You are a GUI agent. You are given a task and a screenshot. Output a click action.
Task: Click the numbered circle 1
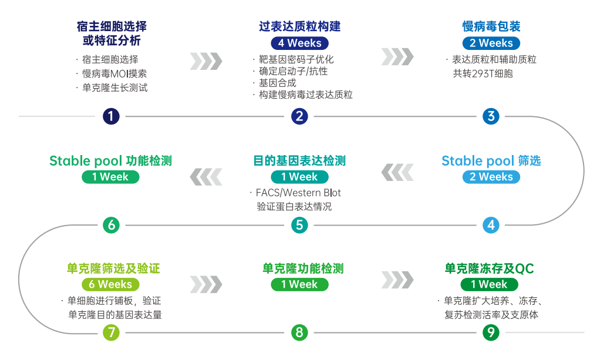point(111,116)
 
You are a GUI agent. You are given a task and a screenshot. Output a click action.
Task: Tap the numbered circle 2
point(299,116)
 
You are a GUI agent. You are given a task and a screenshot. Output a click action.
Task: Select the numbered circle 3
point(491,116)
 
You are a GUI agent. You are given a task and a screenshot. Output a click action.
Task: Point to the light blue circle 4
point(491,225)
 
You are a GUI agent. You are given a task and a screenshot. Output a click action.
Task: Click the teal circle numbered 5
point(299,225)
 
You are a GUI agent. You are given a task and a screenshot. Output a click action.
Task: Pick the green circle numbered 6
point(111,225)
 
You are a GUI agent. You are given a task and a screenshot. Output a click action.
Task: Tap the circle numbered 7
point(111,332)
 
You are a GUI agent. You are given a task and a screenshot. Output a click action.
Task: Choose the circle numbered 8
point(299,332)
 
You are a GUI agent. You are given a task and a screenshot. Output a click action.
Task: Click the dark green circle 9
point(491,332)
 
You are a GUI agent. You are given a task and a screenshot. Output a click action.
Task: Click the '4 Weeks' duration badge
point(300,43)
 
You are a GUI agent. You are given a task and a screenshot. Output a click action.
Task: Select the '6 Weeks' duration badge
point(110,284)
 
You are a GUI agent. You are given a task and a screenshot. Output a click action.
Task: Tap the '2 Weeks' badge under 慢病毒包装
point(491,43)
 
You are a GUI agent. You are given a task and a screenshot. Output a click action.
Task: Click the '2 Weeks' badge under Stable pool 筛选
point(491,177)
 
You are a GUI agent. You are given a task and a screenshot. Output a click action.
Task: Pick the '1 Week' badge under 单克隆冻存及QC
point(489,284)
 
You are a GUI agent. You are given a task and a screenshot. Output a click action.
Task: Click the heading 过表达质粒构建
point(300,26)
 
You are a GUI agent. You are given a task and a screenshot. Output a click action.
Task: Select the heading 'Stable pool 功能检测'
point(110,161)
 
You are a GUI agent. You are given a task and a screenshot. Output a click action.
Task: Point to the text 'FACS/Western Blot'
point(298,193)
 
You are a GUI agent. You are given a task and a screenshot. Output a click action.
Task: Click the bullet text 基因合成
point(277,83)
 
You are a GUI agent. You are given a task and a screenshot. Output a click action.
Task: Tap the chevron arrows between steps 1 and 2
point(206,61)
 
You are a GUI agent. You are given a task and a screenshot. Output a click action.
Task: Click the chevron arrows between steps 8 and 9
point(397,280)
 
